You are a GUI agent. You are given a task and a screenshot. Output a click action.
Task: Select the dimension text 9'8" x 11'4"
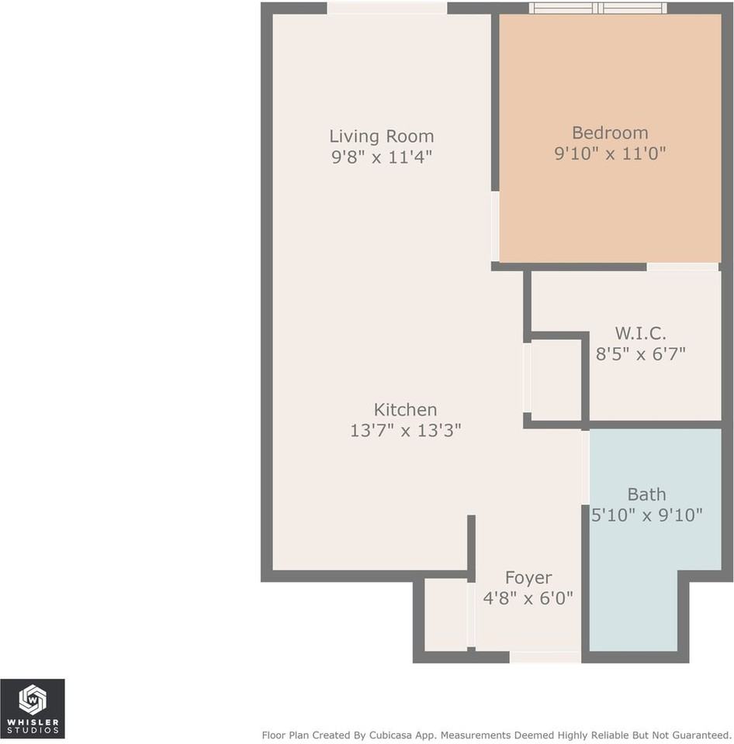[x=381, y=157]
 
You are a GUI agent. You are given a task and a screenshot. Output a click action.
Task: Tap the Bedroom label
[x=610, y=133]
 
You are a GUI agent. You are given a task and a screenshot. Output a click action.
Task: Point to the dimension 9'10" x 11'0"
[x=610, y=153]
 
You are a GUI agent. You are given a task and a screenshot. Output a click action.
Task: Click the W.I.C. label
[x=640, y=333]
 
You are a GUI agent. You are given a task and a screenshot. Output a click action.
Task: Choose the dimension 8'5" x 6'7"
[x=640, y=354]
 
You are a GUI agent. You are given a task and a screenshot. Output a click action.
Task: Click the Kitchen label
[x=405, y=409]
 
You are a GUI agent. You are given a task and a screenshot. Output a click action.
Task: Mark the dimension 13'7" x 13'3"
[x=405, y=430]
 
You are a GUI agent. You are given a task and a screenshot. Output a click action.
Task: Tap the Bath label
[x=646, y=494]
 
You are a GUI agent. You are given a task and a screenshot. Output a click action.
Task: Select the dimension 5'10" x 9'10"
[x=646, y=514]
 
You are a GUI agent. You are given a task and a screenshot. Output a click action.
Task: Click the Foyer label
[x=528, y=577]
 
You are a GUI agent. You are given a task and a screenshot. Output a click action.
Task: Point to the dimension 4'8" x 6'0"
[x=528, y=598]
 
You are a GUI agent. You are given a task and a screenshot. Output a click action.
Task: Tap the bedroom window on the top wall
[x=597, y=8]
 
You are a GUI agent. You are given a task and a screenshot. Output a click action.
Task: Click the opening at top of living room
[x=386, y=8]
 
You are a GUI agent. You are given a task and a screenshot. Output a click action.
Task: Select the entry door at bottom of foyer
[x=545, y=657]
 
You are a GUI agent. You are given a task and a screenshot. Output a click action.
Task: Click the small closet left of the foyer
[x=446, y=615]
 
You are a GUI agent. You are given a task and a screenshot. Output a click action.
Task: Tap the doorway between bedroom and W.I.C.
[x=682, y=267]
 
